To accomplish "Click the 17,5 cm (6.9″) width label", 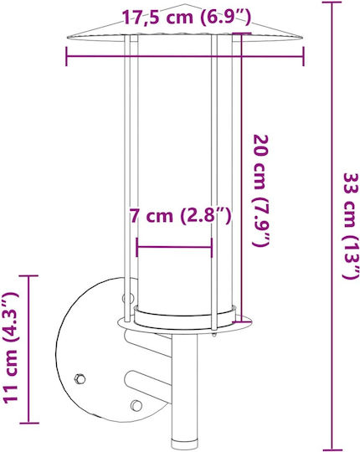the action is pyautogui.click(x=186, y=18).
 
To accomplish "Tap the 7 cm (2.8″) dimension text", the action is pyautogui.click(x=180, y=216).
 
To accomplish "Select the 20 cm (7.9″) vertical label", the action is pyautogui.click(x=262, y=190).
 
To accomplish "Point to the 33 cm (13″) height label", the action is pyautogui.click(x=351, y=226).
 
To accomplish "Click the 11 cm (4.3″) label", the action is pyautogui.click(x=10, y=347).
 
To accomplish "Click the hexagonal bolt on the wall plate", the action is pyautogui.click(x=80, y=378).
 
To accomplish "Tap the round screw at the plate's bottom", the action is pyautogui.click(x=136, y=406).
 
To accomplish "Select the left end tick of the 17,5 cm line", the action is pyautogui.click(x=66, y=56).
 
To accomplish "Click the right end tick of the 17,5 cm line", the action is pyautogui.click(x=303, y=56).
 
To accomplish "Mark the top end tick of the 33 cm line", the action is pyautogui.click(x=332, y=3).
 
